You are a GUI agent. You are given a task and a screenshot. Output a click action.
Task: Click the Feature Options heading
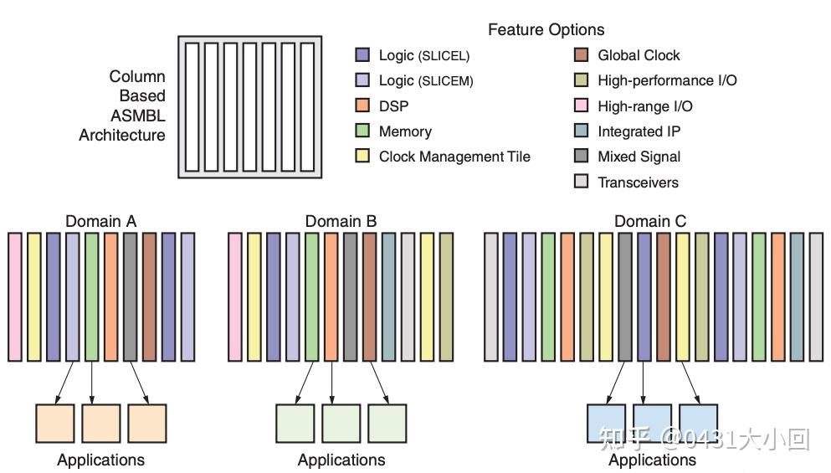(x=546, y=29)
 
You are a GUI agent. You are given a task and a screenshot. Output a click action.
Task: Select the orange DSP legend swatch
(x=362, y=105)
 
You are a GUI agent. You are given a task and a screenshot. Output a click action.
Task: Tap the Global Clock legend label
(x=639, y=55)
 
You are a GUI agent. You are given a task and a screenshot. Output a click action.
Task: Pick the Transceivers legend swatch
(x=582, y=182)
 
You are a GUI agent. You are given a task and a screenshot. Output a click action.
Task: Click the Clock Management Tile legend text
(x=454, y=157)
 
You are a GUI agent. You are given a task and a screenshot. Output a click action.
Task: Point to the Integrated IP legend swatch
(x=582, y=131)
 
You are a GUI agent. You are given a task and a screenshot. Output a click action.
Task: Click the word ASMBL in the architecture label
(x=138, y=116)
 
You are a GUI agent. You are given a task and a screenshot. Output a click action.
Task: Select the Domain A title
(x=100, y=220)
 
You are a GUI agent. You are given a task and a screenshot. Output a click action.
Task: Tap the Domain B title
(x=341, y=220)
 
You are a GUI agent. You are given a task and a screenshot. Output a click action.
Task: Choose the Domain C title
(x=650, y=220)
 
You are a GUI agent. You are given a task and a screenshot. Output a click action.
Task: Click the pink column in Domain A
(x=15, y=297)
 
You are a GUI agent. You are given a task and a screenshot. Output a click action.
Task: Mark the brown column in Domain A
(x=150, y=297)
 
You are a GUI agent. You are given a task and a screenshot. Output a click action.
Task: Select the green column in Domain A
(x=92, y=297)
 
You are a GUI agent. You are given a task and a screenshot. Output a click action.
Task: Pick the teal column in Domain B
(x=388, y=297)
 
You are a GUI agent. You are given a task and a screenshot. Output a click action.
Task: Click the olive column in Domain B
(x=446, y=297)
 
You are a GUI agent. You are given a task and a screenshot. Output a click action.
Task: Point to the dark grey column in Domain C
(x=625, y=297)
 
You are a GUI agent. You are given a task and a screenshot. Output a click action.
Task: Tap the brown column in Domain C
(x=664, y=297)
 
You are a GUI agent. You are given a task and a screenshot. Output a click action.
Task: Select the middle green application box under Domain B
(x=341, y=423)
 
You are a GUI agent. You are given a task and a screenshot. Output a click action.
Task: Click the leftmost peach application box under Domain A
(x=55, y=423)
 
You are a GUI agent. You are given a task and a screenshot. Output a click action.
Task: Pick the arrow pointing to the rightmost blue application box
(x=690, y=383)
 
